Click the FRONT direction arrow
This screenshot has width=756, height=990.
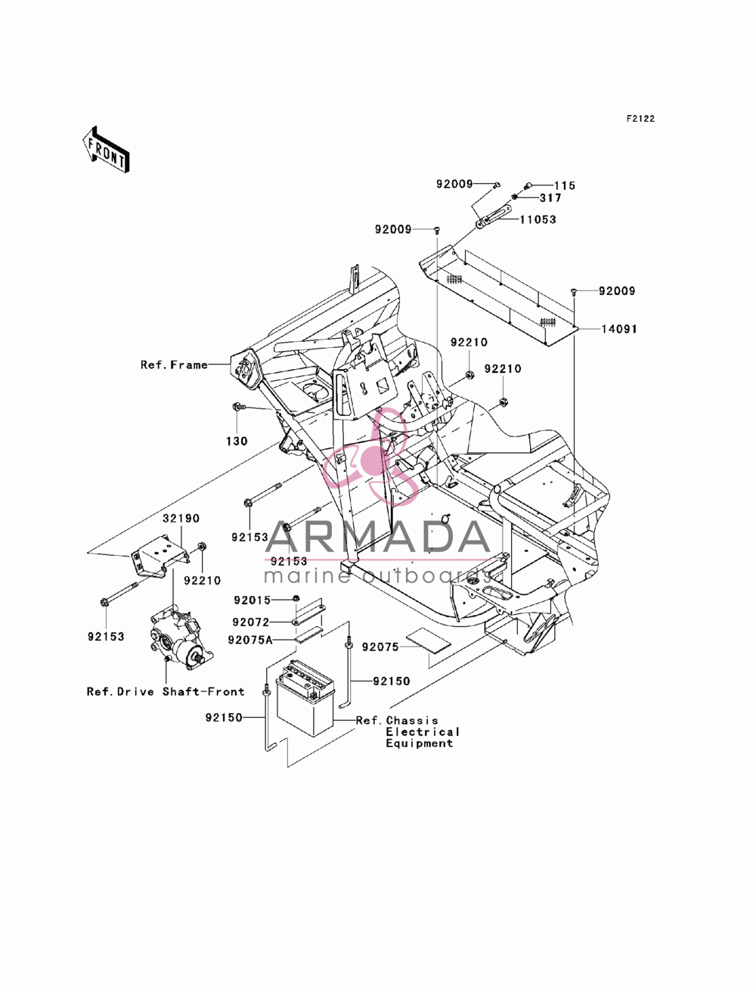click(106, 149)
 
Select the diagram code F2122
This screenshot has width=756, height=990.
click(640, 119)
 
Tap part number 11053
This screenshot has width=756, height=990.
click(538, 219)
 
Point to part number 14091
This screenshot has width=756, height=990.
click(619, 329)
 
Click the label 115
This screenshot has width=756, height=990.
click(565, 186)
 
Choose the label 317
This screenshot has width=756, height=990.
click(550, 198)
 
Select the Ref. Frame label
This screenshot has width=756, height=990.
click(174, 365)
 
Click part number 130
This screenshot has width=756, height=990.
click(237, 441)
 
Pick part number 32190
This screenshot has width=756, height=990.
click(181, 518)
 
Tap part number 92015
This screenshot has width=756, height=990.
click(252, 601)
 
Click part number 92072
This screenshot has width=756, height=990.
click(251, 622)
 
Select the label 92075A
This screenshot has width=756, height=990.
click(250, 640)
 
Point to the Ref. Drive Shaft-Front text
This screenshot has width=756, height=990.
click(166, 691)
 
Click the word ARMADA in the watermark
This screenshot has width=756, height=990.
click(378, 537)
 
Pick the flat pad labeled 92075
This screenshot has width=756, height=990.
click(428, 641)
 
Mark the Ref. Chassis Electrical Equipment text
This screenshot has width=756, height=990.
click(408, 731)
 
